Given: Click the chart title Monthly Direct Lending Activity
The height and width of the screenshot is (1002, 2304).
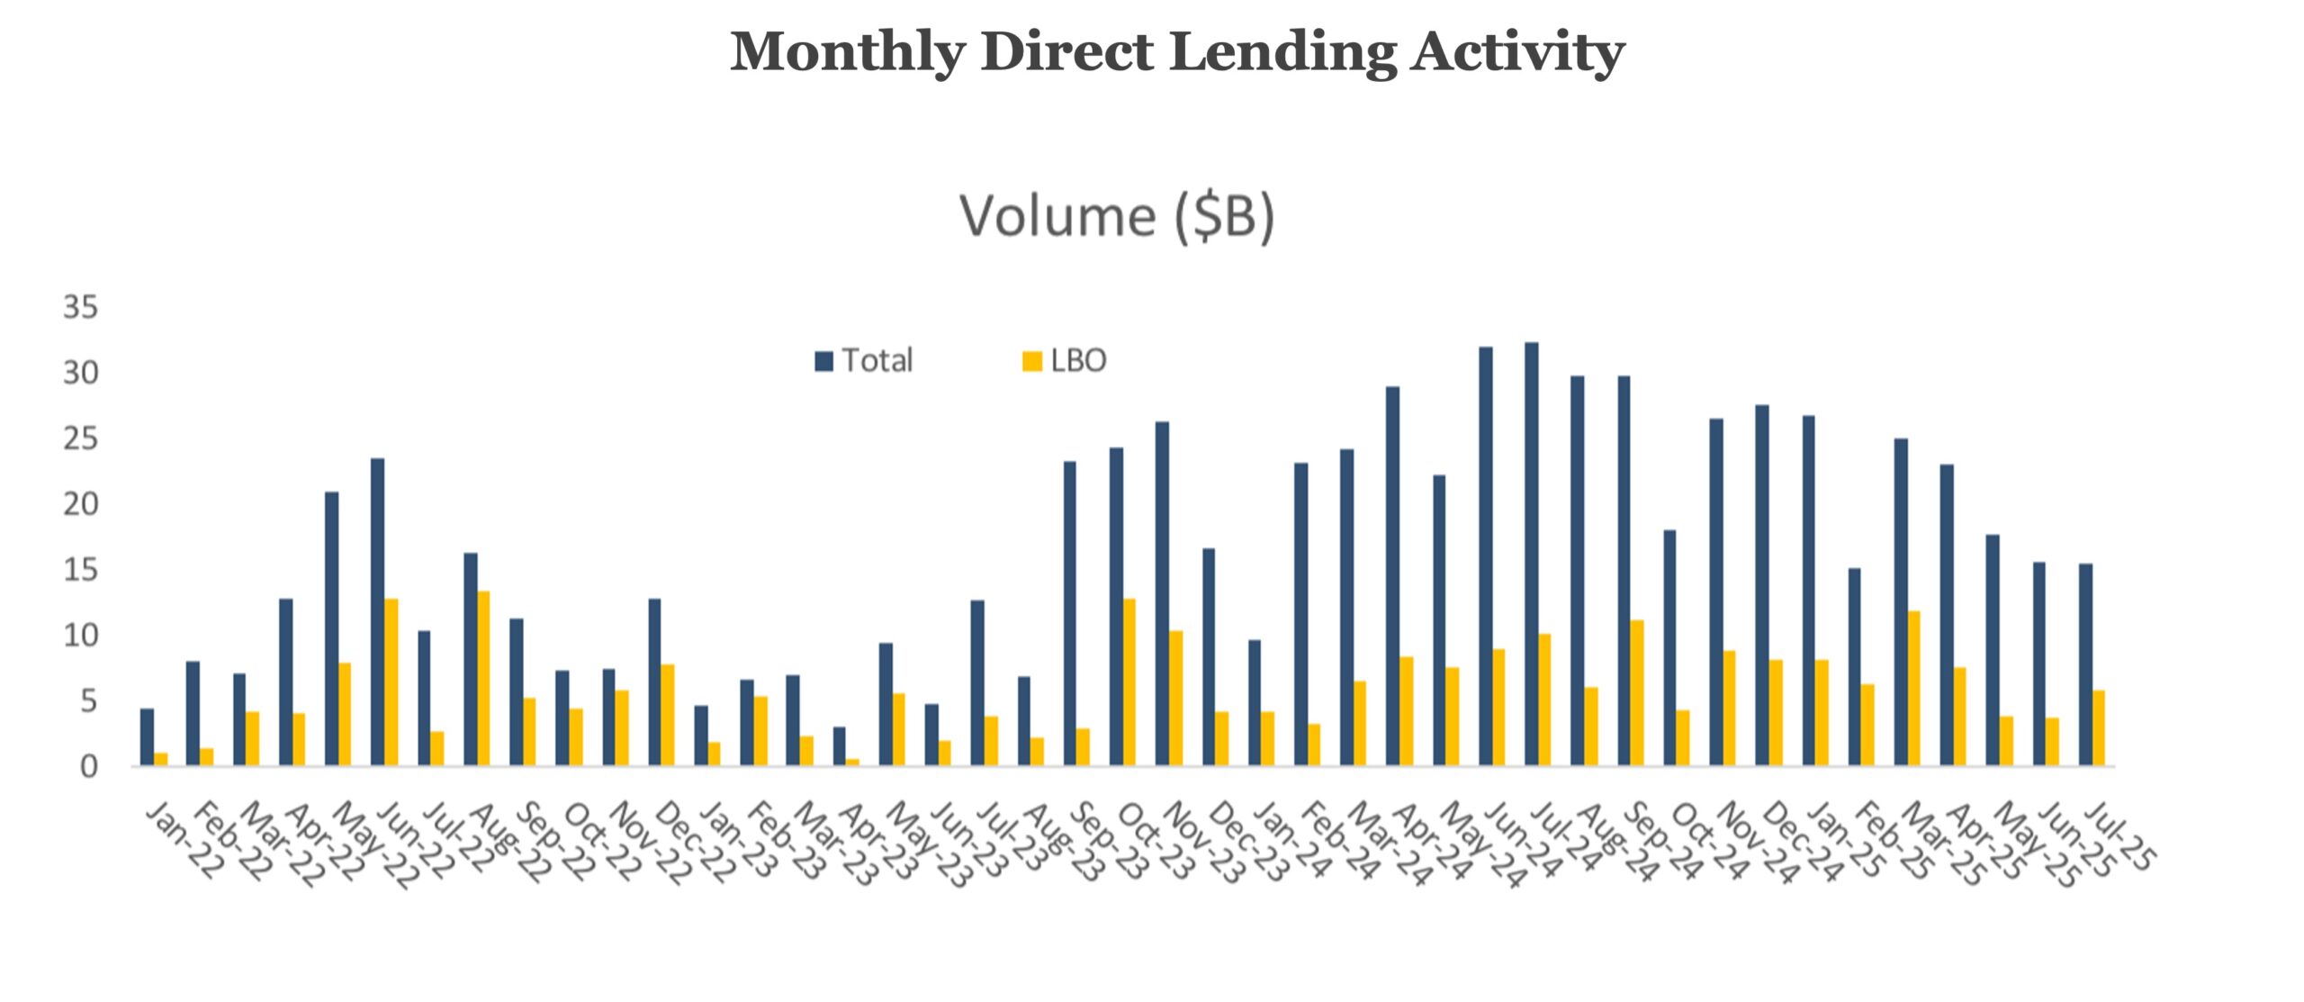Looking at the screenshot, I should coord(1176,51).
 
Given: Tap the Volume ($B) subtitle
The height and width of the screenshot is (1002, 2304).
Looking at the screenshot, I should coord(1117,217).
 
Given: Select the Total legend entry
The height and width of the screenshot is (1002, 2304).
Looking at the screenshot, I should coord(865,361).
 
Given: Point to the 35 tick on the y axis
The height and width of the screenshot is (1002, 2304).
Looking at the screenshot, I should coord(80,308).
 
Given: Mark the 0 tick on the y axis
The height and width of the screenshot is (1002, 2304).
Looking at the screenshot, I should coord(88,767).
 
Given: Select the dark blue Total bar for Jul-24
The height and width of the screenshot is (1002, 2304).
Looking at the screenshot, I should coord(1532,554).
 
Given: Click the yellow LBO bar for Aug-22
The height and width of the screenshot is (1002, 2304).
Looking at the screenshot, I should coord(483,679).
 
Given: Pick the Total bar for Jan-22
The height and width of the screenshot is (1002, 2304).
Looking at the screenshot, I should coord(147,737).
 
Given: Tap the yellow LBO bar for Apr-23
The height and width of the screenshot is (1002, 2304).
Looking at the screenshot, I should coord(852,763).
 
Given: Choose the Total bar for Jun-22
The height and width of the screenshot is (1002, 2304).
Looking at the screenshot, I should coord(377,612).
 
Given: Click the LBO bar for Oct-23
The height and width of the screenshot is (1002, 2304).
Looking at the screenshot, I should coord(1129,682).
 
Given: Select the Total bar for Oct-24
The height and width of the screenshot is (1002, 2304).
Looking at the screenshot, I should coord(1669,648).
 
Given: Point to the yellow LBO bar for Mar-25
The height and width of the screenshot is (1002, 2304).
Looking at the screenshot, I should coord(1913,689).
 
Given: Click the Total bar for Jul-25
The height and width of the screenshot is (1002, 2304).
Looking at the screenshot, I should coord(2085,664).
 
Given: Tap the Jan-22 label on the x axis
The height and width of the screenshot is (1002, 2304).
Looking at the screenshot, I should coord(184,841).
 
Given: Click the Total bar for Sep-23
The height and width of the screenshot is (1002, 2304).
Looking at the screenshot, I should coord(1069,614).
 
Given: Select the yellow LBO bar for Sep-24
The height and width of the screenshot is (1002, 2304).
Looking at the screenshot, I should coord(1636,693).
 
